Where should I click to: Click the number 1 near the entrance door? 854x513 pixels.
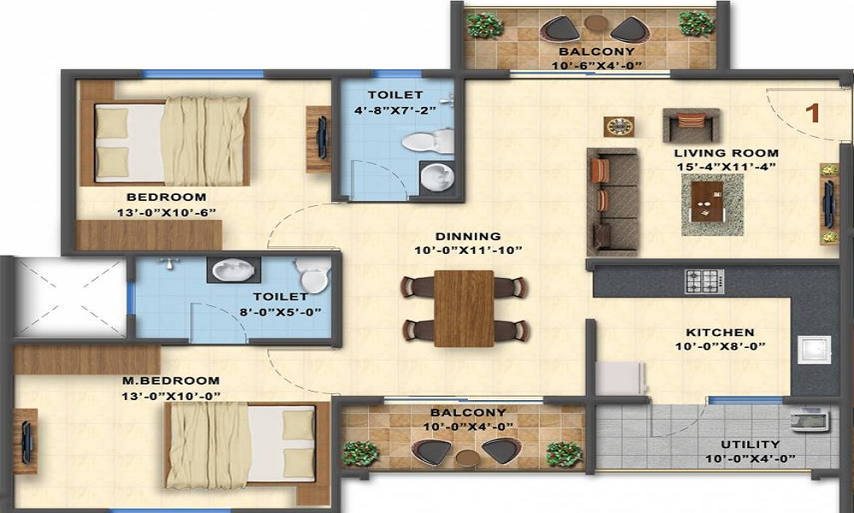click(x=813, y=114)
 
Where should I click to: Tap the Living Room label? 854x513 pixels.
click(x=726, y=153)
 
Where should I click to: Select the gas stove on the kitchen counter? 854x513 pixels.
click(x=705, y=281)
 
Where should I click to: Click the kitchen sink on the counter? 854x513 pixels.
click(x=814, y=350)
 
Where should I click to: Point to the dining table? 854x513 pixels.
click(x=464, y=309)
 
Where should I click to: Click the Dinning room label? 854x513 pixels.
click(x=468, y=237)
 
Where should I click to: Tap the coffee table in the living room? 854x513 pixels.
click(x=712, y=205)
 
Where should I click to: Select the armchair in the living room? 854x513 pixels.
click(x=691, y=125)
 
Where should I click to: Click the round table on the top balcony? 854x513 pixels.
click(x=596, y=23)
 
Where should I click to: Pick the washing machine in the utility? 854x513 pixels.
click(x=810, y=421)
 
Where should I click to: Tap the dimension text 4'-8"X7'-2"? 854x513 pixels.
click(x=395, y=109)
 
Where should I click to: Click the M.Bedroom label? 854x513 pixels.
click(x=171, y=380)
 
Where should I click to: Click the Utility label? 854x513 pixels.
click(x=750, y=445)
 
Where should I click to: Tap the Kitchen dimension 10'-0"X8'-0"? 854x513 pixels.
click(x=721, y=346)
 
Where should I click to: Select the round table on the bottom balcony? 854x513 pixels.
click(x=467, y=458)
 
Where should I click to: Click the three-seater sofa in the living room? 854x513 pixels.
click(x=612, y=203)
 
